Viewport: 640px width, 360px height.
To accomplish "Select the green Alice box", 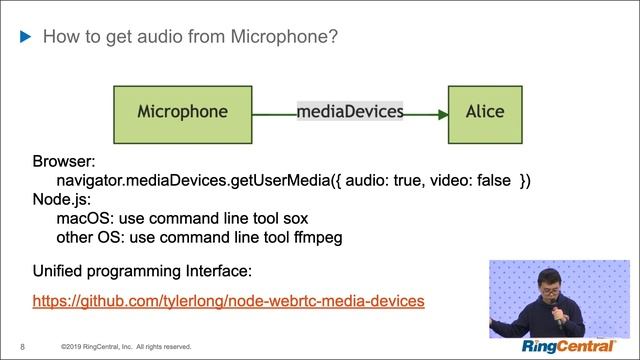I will [x=485, y=111].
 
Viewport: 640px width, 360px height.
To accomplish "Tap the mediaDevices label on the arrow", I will [x=350, y=111].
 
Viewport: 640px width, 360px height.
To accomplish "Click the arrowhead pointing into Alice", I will [x=441, y=114].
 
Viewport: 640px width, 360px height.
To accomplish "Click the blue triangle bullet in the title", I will [x=27, y=38].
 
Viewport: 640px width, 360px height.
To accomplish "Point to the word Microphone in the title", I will [x=282, y=38].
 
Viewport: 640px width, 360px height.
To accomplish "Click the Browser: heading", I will [x=63, y=161].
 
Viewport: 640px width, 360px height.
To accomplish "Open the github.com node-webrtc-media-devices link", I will [x=229, y=300].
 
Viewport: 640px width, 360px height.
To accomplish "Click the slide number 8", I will [x=22, y=347].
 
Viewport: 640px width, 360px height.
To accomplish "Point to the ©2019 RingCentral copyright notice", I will [x=125, y=347].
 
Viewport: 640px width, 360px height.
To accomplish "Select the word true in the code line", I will [x=406, y=180].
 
